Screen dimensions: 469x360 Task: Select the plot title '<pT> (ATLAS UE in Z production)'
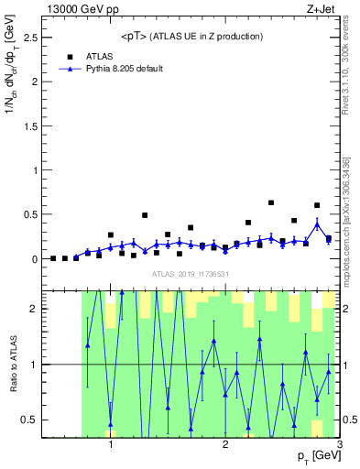coord(191,37)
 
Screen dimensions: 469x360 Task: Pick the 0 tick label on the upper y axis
coord(34,259)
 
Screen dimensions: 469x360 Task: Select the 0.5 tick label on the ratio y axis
coord(29,420)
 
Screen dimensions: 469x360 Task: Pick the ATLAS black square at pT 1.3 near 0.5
coord(145,215)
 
